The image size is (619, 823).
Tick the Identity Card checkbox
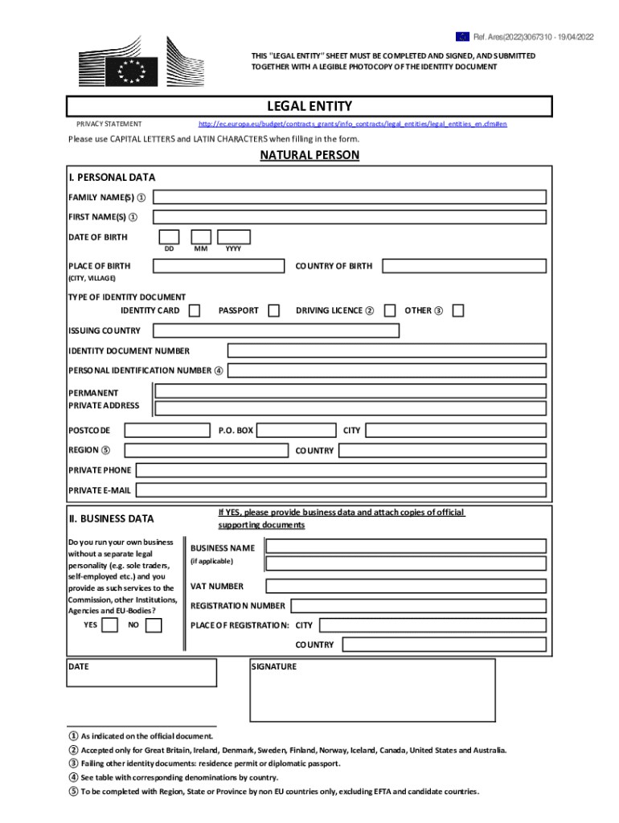pos(195,310)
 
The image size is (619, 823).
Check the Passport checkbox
pos(274,310)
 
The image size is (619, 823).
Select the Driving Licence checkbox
pos(390,310)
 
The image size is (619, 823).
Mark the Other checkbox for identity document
pos(458,310)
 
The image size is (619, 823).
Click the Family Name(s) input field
pos(350,197)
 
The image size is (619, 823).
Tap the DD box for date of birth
pos(169,236)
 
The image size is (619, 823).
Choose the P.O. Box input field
pos(297,431)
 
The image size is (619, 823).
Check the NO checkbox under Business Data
pos(154,624)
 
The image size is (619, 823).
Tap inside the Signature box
pos(373,694)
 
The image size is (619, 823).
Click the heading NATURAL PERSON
pos(309,155)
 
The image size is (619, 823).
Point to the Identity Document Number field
pos(387,350)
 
